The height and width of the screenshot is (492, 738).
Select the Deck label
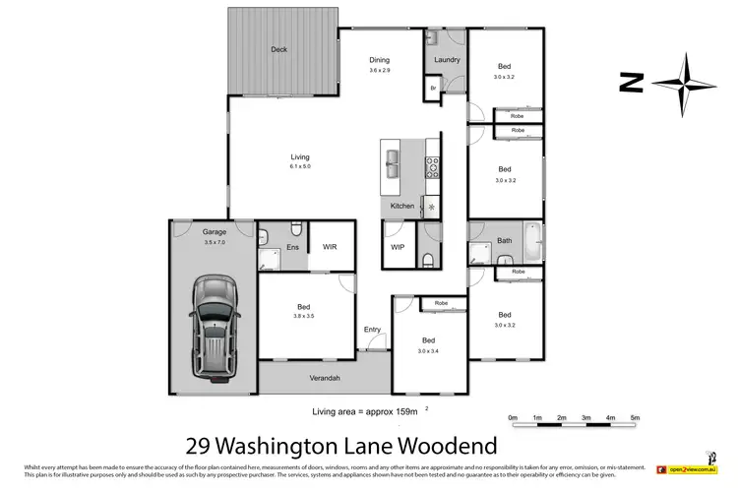(279, 48)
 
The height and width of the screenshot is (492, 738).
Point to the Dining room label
(379, 59)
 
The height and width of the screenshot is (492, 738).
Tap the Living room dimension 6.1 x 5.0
(299, 166)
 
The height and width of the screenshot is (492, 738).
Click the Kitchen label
(402, 206)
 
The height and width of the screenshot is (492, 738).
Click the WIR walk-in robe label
(330, 248)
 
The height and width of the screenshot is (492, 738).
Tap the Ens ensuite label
(292, 248)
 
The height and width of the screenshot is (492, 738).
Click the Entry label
(372, 330)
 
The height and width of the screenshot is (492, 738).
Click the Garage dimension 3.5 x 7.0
(187, 241)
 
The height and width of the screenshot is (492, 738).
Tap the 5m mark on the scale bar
(635, 418)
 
